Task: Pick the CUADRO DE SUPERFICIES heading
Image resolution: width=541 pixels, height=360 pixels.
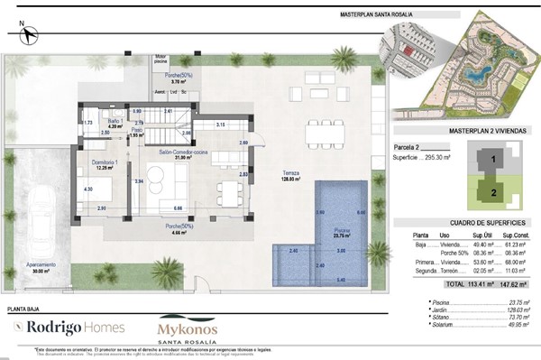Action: (463, 222)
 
